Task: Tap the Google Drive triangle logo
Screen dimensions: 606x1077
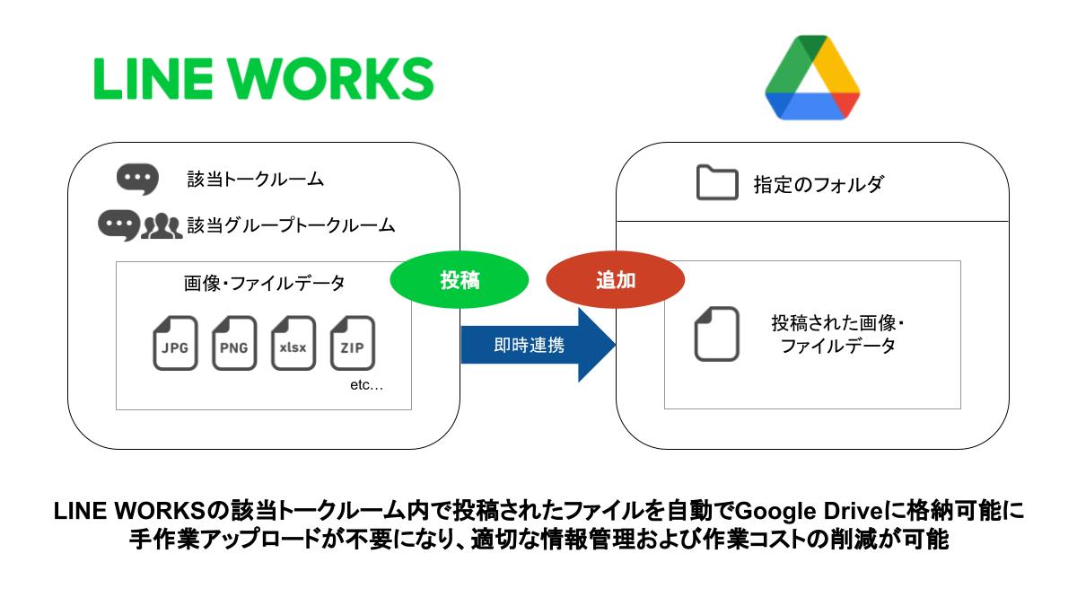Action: click(x=812, y=78)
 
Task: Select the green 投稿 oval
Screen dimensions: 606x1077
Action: click(x=459, y=280)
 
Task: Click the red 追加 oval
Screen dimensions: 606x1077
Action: click(x=616, y=280)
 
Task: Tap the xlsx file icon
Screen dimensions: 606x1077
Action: click(x=293, y=343)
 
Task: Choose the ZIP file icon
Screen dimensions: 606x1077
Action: click(x=353, y=343)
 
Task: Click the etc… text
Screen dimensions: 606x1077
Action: click(x=365, y=386)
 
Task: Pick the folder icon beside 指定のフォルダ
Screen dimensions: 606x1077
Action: click(x=716, y=184)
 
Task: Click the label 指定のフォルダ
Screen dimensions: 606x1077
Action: click(x=818, y=185)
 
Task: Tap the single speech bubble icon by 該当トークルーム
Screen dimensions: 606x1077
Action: click(x=137, y=178)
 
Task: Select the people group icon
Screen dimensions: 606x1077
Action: click(x=162, y=225)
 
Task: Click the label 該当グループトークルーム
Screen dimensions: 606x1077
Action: click(x=291, y=225)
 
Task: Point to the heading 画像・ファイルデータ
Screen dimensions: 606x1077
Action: click(x=264, y=283)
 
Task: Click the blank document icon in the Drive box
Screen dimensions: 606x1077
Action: click(x=716, y=334)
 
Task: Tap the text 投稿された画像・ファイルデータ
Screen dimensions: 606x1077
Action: click(x=837, y=334)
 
